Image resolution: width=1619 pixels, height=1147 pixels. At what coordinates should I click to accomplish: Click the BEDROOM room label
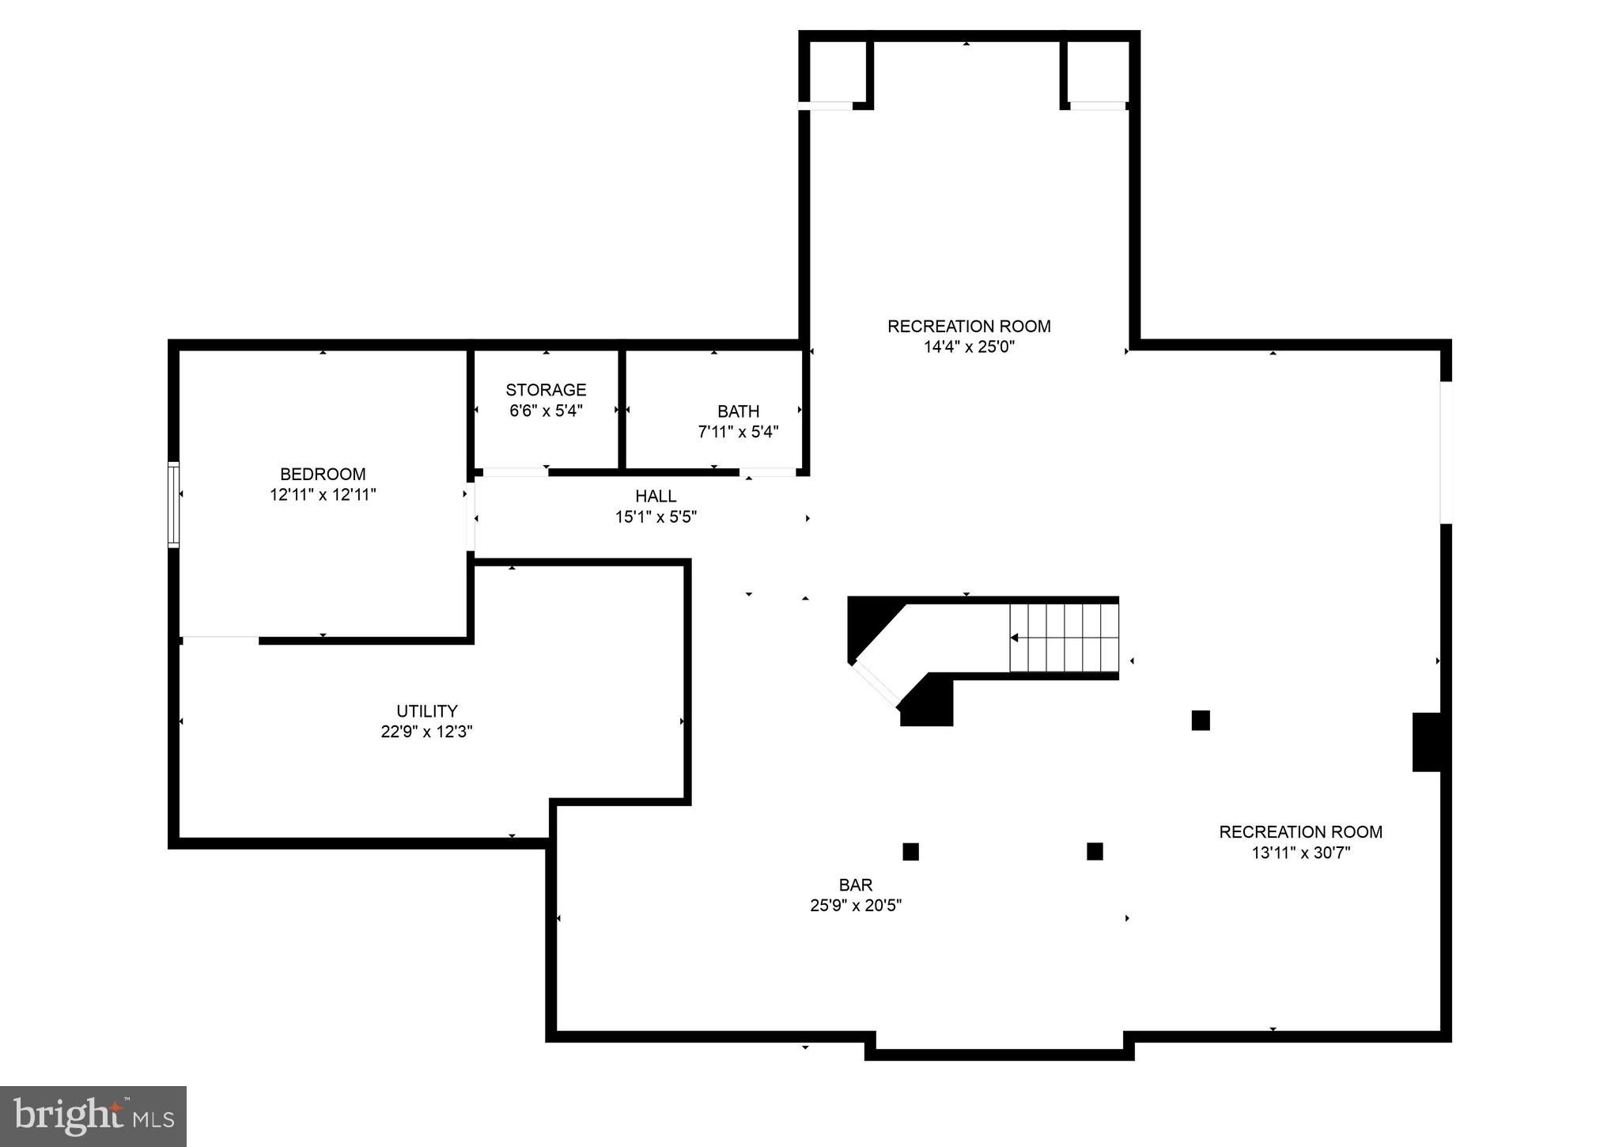[323, 474]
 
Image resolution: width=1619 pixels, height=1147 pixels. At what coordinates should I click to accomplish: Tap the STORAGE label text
[546, 390]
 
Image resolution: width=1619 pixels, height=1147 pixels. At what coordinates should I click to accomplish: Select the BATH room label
[738, 411]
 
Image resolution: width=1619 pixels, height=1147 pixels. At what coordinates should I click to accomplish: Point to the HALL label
[656, 496]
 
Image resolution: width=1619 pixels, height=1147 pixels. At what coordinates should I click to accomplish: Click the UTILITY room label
[426, 711]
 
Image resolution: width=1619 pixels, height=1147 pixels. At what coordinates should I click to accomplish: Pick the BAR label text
[855, 885]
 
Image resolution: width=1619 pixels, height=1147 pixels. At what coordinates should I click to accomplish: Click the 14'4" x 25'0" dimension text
[969, 346]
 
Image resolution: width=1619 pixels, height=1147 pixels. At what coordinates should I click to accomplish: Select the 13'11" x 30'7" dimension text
[1300, 853]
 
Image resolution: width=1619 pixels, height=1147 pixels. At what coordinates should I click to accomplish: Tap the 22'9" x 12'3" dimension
[426, 732]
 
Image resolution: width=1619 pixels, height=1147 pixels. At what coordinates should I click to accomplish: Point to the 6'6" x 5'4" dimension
[546, 411]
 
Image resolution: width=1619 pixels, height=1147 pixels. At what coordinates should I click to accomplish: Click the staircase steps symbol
[1064, 638]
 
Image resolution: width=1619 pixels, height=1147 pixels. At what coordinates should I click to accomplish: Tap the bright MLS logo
[93, 1116]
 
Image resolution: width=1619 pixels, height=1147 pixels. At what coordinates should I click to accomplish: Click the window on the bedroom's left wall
[173, 505]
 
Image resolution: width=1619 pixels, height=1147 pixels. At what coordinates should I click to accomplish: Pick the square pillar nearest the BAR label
[910, 852]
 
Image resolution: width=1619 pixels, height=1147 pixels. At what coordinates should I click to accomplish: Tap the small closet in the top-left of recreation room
[837, 71]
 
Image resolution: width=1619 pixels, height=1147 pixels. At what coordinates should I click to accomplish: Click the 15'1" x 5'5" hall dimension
[656, 517]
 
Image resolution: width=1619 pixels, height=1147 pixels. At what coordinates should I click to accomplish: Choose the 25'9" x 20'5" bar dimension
[855, 906]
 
